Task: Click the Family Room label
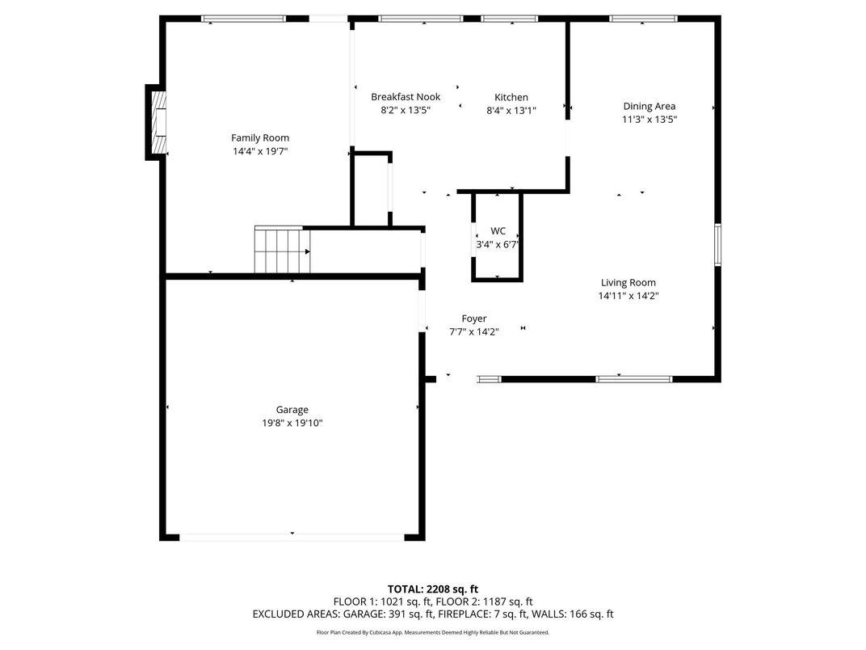(259, 137)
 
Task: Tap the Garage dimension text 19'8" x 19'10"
(292, 423)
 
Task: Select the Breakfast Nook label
(406, 97)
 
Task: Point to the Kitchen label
(511, 97)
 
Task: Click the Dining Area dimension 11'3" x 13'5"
(649, 119)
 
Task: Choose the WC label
(498, 231)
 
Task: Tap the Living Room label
(628, 283)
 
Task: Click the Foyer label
(473, 319)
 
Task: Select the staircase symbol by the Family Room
(282, 251)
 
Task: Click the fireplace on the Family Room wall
(157, 121)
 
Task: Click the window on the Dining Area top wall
(643, 19)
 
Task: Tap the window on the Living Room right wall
(717, 245)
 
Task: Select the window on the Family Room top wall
(243, 19)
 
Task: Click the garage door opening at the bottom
(292, 536)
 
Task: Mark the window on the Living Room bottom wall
(633, 378)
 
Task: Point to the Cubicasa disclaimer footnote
(432, 632)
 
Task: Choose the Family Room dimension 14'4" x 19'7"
(259, 150)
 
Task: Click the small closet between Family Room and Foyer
(371, 190)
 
